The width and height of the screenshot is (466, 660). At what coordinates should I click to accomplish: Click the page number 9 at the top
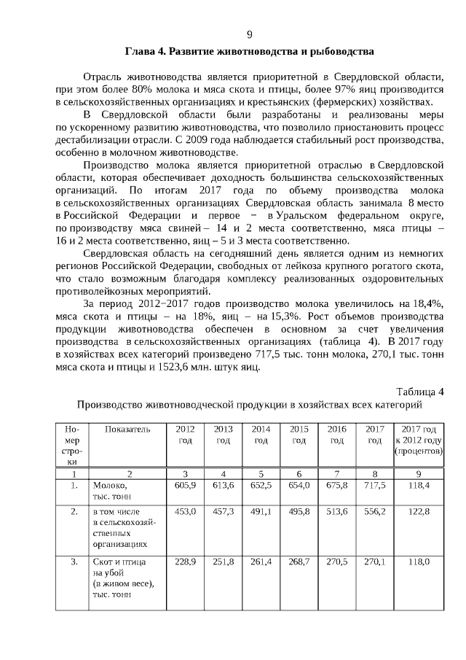coord(249,34)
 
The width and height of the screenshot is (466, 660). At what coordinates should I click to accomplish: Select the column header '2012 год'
coord(186,435)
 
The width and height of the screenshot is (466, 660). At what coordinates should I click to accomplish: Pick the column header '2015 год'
coord(299,435)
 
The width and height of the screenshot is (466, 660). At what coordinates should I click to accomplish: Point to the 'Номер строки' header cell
coord(71,446)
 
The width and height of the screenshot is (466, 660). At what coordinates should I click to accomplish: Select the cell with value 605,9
coord(186,485)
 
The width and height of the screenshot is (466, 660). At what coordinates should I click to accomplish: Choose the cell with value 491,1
coord(261,512)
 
